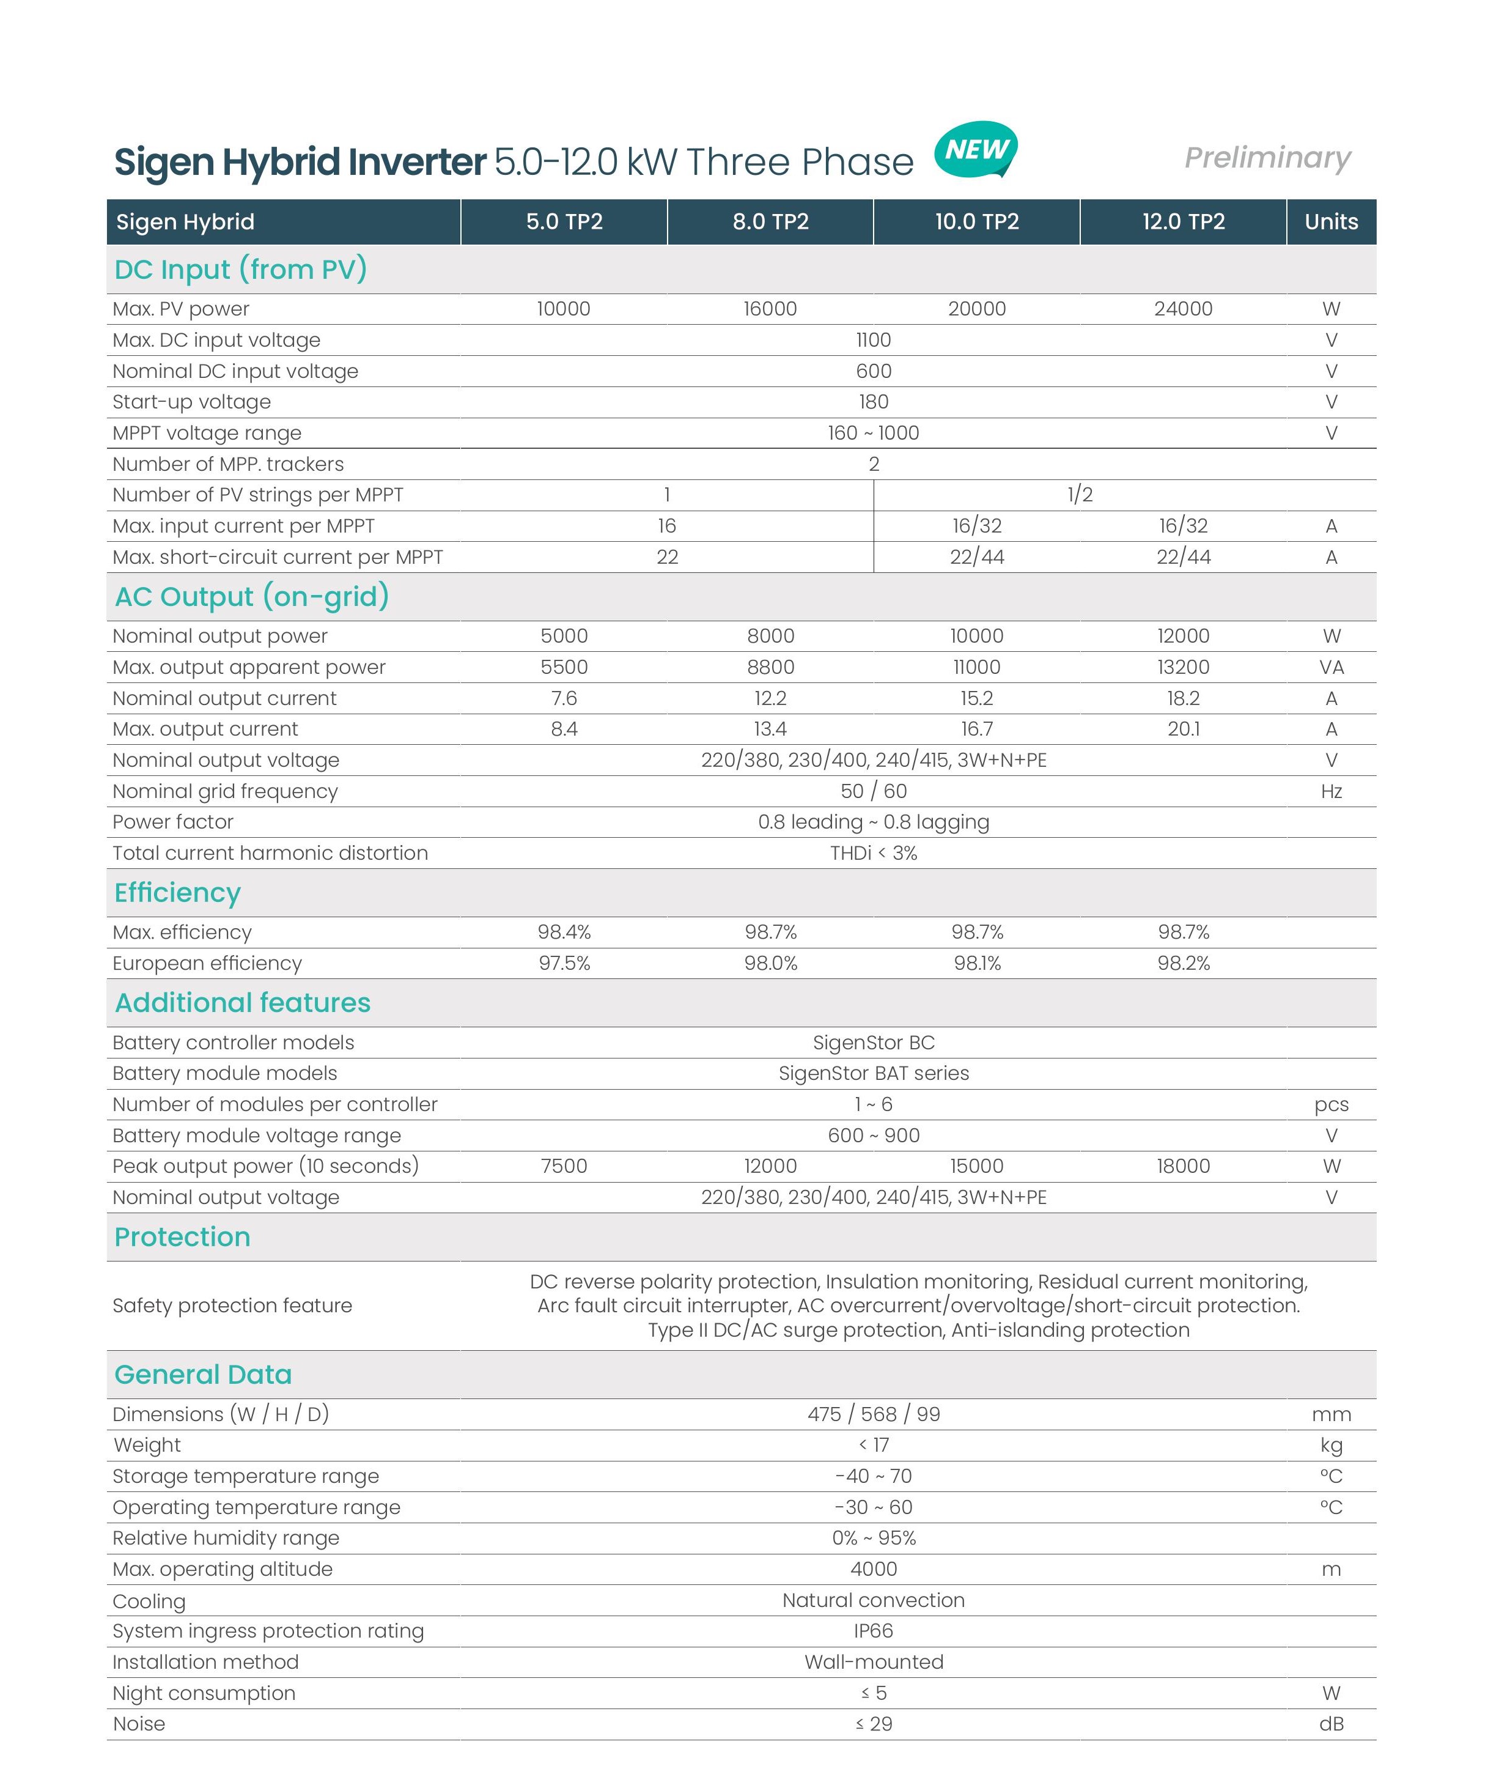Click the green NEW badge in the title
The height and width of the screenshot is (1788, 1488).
pyautogui.click(x=976, y=150)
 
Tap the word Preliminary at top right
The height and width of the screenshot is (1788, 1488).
pyautogui.click(x=1267, y=158)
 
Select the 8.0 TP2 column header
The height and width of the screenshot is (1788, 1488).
pyautogui.click(x=770, y=222)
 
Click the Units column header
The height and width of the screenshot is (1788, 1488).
pyautogui.click(x=1331, y=222)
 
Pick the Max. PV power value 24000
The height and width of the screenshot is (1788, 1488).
pyautogui.click(x=1184, y=309)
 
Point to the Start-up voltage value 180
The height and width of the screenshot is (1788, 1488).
pyautogui.click(x=874, y=402)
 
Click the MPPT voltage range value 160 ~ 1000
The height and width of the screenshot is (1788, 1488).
pyautogui.click(x=874, y=434)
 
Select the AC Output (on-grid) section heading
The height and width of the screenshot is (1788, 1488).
pyautogui.click(x=252, y=597)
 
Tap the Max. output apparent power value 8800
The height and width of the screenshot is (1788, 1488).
pyautogui.click(x=770, y=668)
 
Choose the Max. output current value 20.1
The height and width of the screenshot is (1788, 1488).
pyautogui.click(x=1184, y=730)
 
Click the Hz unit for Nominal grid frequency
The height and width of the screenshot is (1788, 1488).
pyautogui.click(x=1331, y=792)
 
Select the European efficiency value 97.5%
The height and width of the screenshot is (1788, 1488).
pyautogui.click(x=564, y=964)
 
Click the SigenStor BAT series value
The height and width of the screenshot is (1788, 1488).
pyautogui.click(x=874, y=1074)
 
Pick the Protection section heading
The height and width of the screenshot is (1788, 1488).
pyautogui.click(x=182, y=1237)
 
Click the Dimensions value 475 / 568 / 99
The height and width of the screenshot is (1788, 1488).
pyautogui.click(x=874, y=1415)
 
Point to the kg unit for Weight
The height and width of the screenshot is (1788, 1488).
pyautogui.click(x=1331, y=1446)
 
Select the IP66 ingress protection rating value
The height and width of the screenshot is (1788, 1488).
pyautogui.click(x=874, y=1631)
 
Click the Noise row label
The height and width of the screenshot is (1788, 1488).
pyautogui.click(x=139, y=1724)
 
